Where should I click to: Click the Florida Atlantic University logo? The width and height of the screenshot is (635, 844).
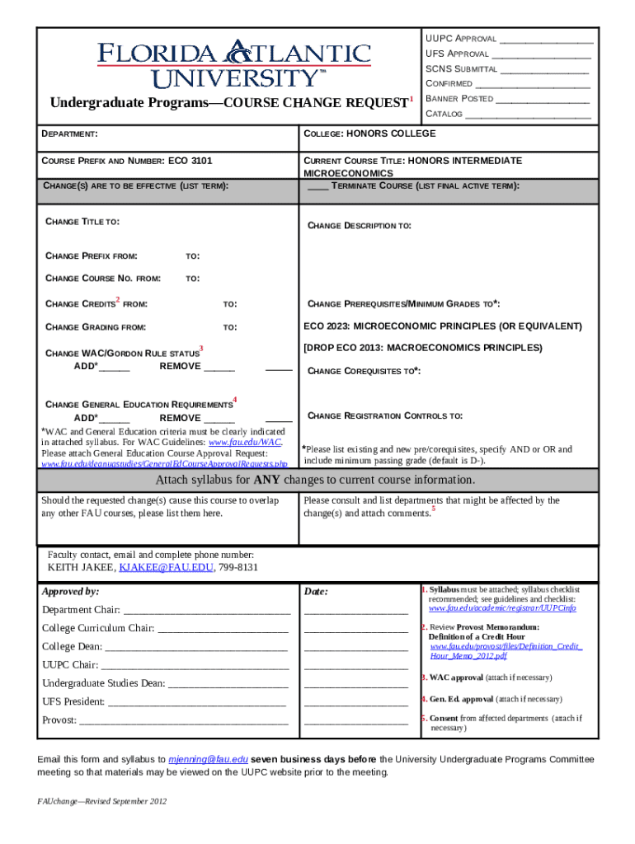click(235, 64)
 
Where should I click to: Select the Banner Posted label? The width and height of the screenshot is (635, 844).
click(459, 99)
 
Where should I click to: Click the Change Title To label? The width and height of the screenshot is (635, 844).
click(82, 222)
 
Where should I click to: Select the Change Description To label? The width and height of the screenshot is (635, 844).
click(360, 226)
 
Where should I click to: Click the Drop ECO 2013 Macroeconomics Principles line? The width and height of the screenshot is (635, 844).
click(423, 348)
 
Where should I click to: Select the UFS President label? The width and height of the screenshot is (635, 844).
click(73, 702)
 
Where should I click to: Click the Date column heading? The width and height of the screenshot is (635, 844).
click(316, 592)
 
